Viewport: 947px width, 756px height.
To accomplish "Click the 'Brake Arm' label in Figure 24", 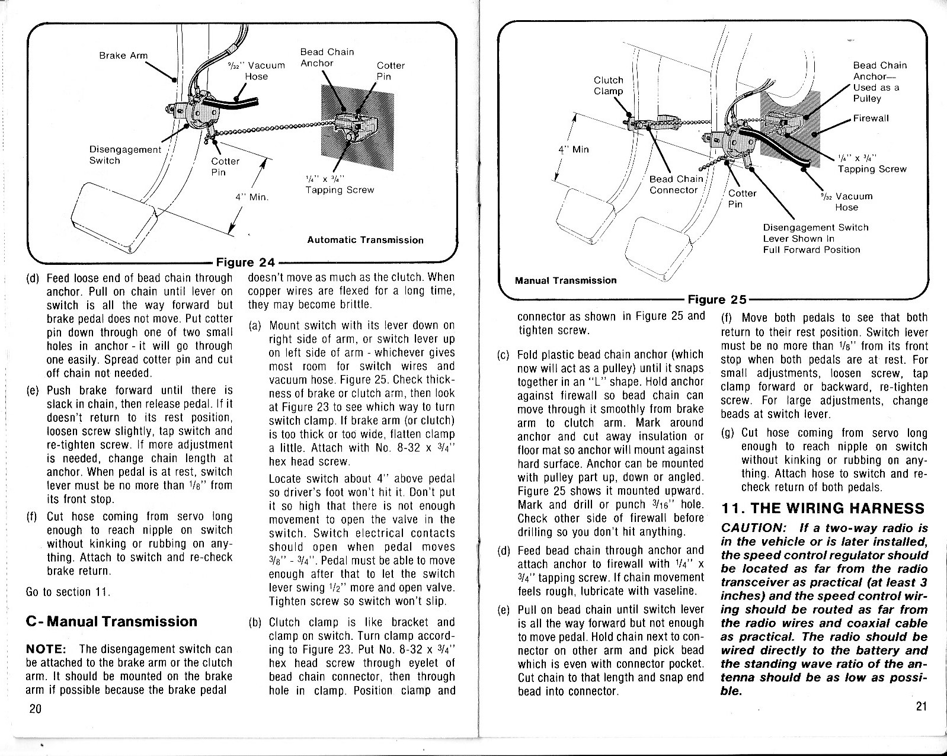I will click(x=123, y=56).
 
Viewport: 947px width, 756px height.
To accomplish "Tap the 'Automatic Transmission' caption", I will click(x=365, y=240).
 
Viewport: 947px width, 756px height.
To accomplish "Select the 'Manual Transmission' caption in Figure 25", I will click(x=565, y=280).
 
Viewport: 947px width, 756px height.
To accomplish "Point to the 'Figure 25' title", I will click(x=716, y=300).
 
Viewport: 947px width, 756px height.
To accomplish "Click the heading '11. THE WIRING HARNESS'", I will click(x=823, y=508).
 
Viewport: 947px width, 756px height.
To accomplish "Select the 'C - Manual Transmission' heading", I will click(x=111, y=622).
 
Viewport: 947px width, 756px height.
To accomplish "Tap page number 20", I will click(x=34, y=710).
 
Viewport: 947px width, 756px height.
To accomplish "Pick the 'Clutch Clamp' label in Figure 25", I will click(x=608, y=85).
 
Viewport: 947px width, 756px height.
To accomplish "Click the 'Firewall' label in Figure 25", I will click(x=871, y=118).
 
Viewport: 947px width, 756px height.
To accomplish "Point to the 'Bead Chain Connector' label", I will click(x=676, y=184).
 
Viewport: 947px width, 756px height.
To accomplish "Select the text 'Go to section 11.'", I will click(x=66, y=592).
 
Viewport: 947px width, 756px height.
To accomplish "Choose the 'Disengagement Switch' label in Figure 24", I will click(x=124, y=155).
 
